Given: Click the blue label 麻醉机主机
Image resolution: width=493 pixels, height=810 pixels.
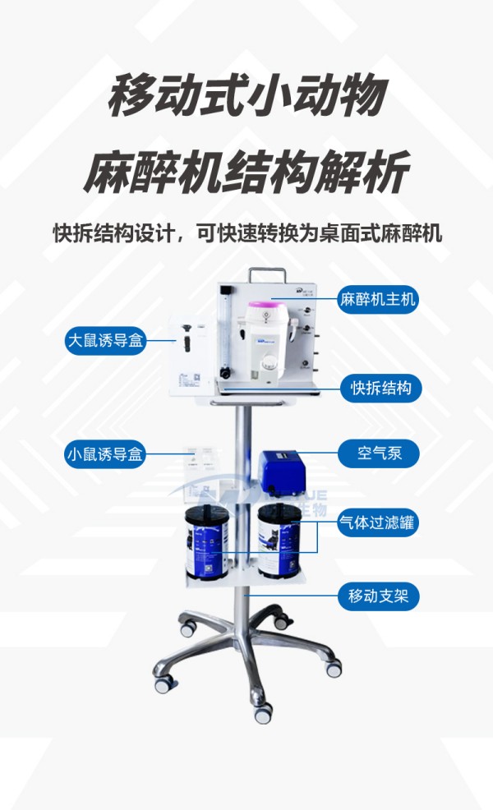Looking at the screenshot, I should tap(378, 300).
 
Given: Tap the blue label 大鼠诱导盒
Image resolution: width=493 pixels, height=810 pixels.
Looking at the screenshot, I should tap(105, 340).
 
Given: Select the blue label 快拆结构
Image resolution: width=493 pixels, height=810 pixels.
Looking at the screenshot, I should tap(380, 388).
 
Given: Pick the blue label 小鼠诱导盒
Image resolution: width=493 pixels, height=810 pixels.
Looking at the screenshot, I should tap(105, 453).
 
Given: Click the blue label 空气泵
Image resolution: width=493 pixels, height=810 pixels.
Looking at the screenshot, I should tap(380, 453).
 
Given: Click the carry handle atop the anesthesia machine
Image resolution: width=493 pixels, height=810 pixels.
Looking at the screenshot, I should tap(269, 274).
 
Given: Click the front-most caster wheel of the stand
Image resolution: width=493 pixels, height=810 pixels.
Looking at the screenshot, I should tap(263, 713).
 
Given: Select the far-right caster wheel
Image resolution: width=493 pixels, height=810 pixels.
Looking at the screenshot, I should tap(334, 667).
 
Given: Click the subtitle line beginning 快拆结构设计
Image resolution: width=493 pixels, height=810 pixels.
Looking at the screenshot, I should tap(246, 233).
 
